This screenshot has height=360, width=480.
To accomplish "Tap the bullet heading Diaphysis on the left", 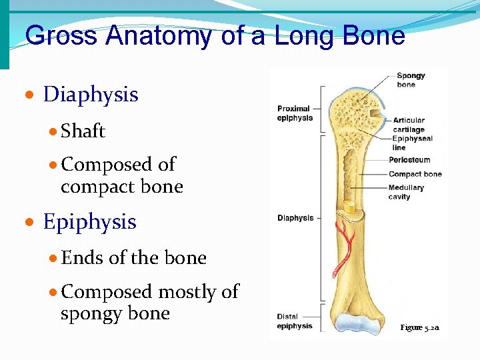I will click(x=90, y=95).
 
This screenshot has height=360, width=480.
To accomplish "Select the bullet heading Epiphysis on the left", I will click(x=89, y=222).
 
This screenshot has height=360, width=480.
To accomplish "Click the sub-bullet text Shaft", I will click(x=83, y=131).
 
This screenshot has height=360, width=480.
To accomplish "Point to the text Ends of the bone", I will click(x=133, y=258).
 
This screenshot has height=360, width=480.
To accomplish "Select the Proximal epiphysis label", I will click(x=295, y=113).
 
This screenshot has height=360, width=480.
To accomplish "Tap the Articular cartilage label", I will click(x=409, y=125).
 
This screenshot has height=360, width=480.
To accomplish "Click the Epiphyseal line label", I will click(x=412, y=143).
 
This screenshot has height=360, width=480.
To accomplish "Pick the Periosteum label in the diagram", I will click(x=409, y=160).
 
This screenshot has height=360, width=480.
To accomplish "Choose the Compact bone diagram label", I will click(x=415, y=174).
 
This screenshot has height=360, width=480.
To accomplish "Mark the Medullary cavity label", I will click(x=406, y=192).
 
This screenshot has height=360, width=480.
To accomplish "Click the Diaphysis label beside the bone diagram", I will click(x=295, y=218).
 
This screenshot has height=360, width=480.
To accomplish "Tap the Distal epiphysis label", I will click(x=295, y=321).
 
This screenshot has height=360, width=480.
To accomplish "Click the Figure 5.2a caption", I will click(x=419, y=327).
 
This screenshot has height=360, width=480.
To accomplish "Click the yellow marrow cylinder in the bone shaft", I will click(x=349, y=207).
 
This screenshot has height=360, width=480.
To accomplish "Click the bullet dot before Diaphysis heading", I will click(x=30, y=96).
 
